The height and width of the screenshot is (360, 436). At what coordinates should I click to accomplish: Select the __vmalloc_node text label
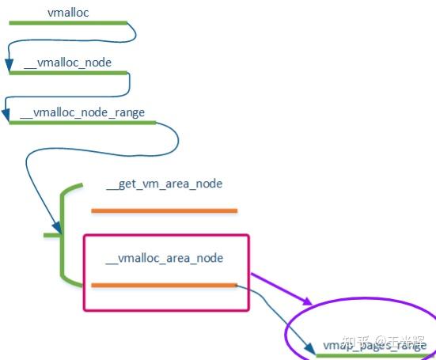point(67,62)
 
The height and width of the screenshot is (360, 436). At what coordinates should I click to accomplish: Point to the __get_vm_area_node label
point(164,184)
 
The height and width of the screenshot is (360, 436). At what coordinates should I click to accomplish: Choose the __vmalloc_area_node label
point(164,258)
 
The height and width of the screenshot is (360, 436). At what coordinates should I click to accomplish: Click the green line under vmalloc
point(68,23)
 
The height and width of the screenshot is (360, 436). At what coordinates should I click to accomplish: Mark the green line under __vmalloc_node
point(68,73)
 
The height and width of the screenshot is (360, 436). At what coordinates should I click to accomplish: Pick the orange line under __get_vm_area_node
point(164,210)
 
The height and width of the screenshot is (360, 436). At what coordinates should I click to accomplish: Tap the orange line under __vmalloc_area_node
point(164,285)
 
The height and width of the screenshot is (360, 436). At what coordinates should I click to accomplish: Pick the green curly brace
point(63,235)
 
